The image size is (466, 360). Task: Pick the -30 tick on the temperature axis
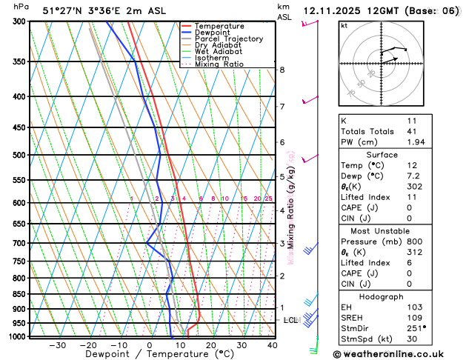tap(57, 345)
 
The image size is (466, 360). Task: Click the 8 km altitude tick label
tap(282, 70)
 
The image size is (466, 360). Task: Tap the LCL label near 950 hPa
tap(290, 320)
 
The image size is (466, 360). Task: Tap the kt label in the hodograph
tap(344, 25)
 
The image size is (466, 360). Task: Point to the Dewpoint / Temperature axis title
tap(148, 354)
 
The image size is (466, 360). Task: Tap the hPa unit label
tap(22, 6)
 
